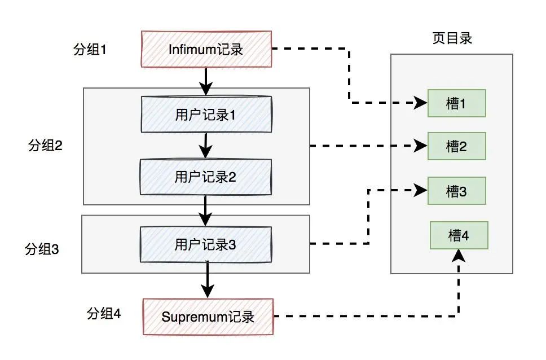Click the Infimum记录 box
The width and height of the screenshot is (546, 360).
coord(206,50)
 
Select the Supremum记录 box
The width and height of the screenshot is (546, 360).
coord(208,316)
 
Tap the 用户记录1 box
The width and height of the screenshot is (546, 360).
coord(206,115)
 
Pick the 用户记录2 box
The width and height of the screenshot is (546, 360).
coord(206,177)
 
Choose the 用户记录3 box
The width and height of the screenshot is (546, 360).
coord(206,244)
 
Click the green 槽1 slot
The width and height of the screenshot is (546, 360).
coord(456,104)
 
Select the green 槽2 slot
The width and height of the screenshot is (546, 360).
coord(456,146)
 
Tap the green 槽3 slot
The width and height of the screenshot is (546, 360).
coord(456,191)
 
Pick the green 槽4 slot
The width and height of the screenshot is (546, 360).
coord(459,235)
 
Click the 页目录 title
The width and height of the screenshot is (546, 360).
coord(451,38)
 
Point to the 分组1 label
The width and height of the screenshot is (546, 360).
coord(90,49)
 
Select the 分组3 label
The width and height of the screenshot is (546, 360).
coord(42,248)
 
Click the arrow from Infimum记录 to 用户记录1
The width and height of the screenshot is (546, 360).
coord(206,81)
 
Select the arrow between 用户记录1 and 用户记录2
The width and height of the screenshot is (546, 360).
coord(206,146)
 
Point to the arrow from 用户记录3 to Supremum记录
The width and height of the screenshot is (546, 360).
coord(208,279)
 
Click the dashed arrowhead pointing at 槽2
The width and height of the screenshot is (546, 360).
coord(421,146)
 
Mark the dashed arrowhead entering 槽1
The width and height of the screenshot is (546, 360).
coord(421,103)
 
